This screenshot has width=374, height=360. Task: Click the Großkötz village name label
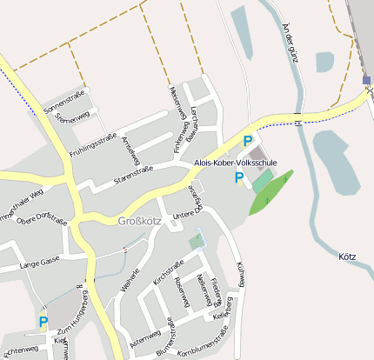coord(139,221)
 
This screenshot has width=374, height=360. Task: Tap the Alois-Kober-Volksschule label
coord(235,163)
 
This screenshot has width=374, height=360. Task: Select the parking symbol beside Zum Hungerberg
coord(43,323)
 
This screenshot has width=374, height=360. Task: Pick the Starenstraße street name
coord(134,174)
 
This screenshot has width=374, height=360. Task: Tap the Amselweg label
coord(131,150)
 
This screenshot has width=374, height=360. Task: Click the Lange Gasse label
coord(40,260)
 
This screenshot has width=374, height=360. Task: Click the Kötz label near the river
coord(346,257)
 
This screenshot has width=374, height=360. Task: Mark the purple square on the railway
coord(367,81)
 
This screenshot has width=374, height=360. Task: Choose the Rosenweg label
coord(182,293)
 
